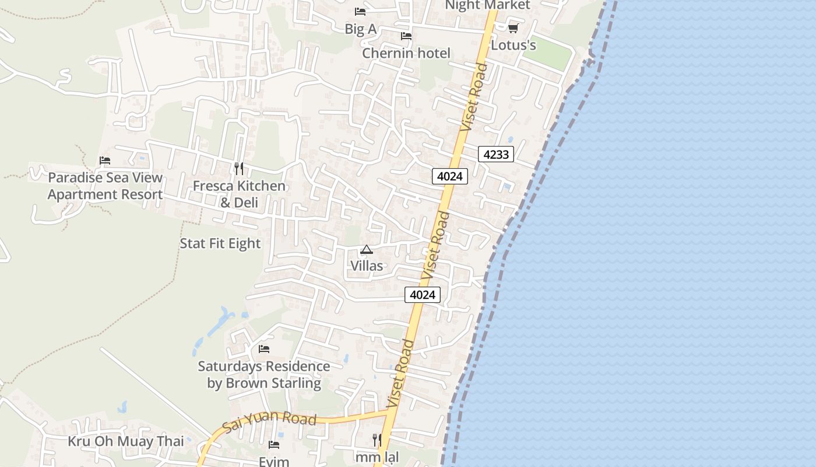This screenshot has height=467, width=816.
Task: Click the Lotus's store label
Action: click(513, 45)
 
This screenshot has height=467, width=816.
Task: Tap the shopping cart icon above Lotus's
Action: click(513, 28)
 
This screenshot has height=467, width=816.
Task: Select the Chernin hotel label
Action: click(406, 53)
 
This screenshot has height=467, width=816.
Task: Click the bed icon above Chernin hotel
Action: click(406, 36)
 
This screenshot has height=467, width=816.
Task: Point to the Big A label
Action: click(360, 29)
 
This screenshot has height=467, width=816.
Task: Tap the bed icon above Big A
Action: click(360, 12)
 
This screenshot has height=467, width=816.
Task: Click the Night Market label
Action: click(487, 5)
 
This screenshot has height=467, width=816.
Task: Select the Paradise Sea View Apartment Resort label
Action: click(105, 186)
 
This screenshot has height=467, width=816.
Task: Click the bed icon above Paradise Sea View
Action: click(105, 161)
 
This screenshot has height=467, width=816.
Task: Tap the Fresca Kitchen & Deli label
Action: click(239, 194)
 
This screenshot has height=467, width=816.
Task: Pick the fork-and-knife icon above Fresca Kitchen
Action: click(238, 169)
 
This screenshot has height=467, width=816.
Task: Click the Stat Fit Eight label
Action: click(220, 243)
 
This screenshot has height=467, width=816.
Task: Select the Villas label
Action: click(367, 266)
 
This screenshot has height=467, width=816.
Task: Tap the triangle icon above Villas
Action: click(367, 250)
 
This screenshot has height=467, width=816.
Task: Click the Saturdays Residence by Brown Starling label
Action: click(264, 375)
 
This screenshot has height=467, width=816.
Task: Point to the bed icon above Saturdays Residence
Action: click(264, 349)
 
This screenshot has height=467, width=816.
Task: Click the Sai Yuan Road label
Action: click(269, 420)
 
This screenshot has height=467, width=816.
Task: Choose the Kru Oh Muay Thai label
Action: click(126, 441)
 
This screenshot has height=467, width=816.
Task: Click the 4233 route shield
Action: click(496, 155)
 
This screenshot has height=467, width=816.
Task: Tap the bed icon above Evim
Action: click(274, 445)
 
